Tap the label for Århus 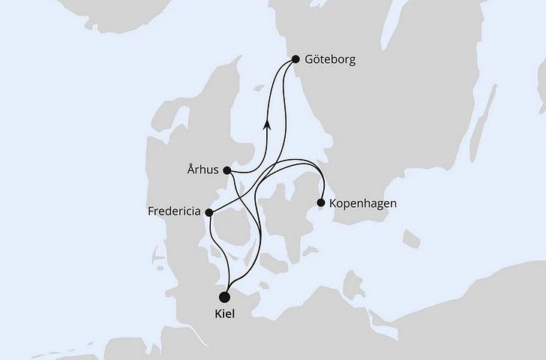coord(203,170)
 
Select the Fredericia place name coord(174,212)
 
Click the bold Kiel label coord(223,313)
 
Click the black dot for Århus coord(227,170)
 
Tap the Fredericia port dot coord(209,212)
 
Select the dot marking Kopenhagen coord(321,202)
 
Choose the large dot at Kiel coord(223,296)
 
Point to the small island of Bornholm coord(410,239)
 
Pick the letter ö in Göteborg coord(316,59)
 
